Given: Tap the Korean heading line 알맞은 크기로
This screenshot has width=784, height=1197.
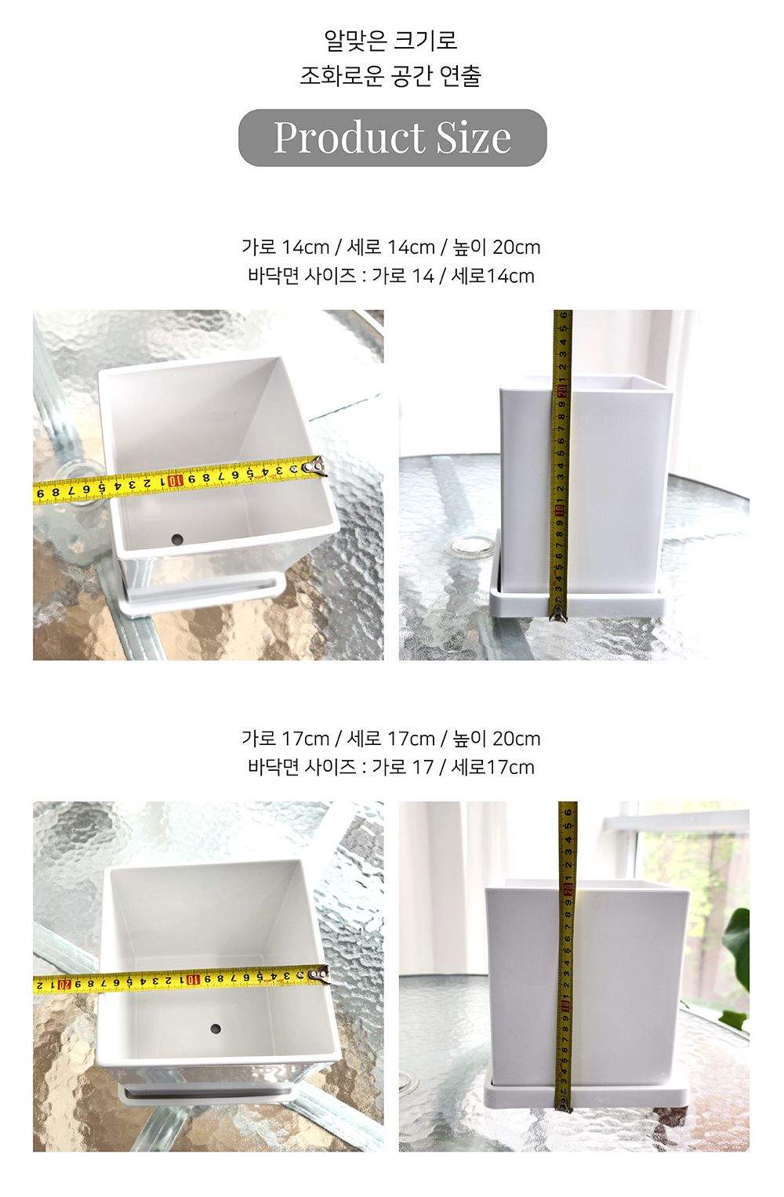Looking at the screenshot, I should click(390, 40).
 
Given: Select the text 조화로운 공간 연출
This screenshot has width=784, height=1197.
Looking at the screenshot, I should click(390, 76).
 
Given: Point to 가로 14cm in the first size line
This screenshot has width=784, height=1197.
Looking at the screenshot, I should click(285, 248).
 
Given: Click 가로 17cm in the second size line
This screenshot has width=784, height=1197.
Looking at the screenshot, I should click(285, 739).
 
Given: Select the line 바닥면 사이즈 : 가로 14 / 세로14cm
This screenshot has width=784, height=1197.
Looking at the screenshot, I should click(390, 276).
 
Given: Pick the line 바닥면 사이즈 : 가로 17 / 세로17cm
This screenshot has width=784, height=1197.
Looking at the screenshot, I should click(390, 767).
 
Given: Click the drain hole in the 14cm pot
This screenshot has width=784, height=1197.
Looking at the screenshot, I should click(177, 540).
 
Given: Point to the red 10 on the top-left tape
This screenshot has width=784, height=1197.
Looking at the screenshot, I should click(178, 480).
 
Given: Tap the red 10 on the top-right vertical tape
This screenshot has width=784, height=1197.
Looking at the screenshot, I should click(561, 510).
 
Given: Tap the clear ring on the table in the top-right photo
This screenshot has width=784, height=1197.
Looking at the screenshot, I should click(465, 545).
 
